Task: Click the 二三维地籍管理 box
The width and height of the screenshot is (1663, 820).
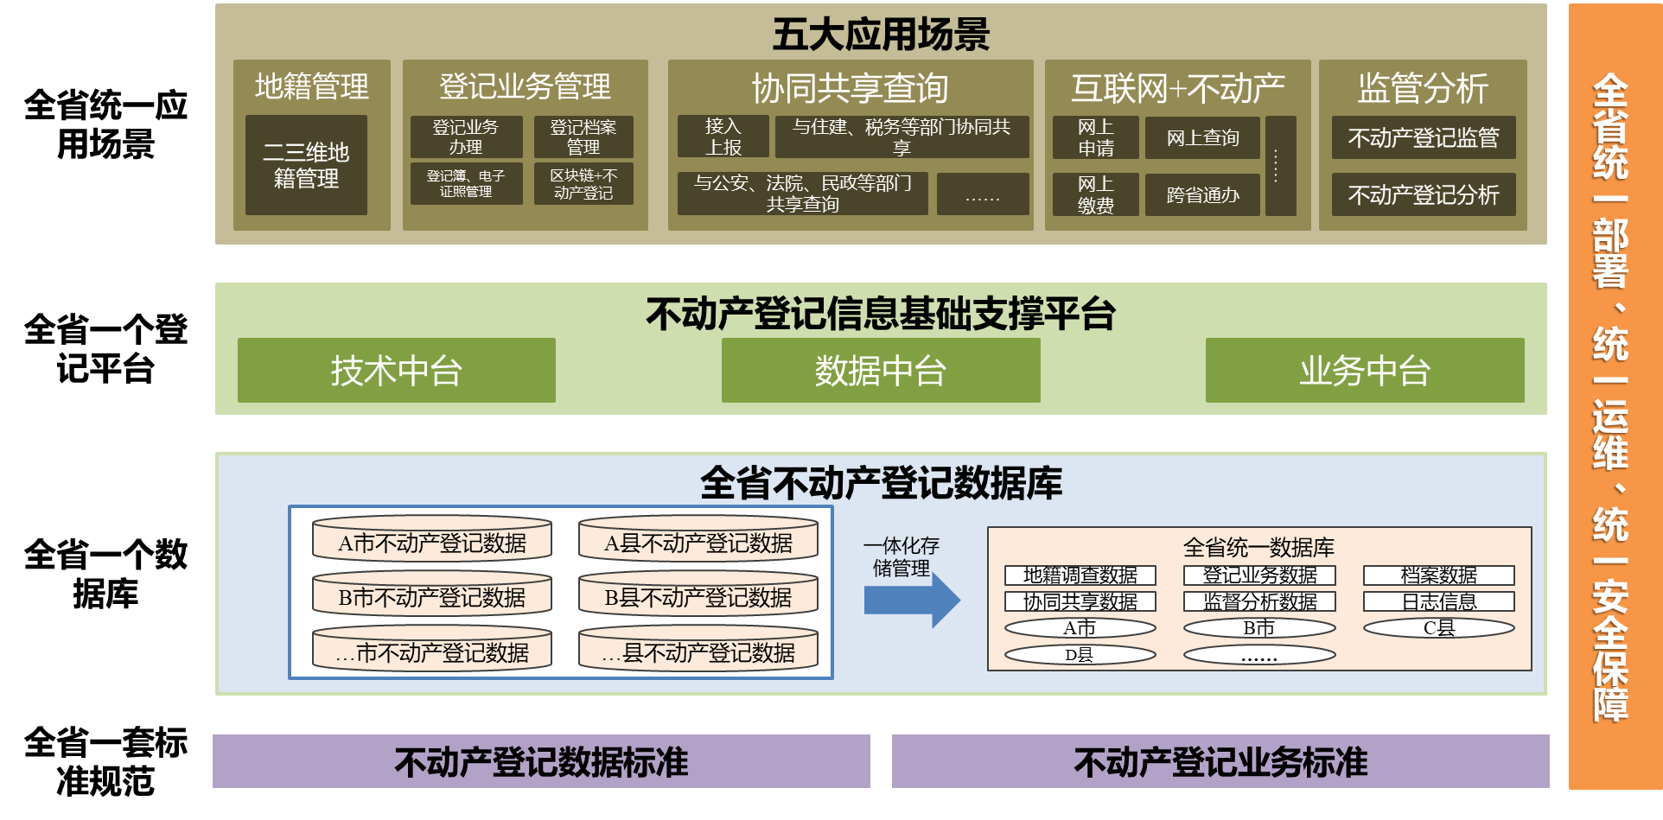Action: [x=306, y=165]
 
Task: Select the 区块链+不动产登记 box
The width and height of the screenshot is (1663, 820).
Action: [x=583, y=184]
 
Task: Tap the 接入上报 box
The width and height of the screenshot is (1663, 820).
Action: [x=723, y=137]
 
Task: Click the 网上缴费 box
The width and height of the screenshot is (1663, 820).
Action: [x=1095, y=194]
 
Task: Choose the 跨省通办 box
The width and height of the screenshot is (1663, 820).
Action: [x=1202, y=194]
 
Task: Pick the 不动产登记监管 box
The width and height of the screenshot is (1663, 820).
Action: [x=1424, y=137]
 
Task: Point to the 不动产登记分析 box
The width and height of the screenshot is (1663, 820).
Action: [x=1424, y=194]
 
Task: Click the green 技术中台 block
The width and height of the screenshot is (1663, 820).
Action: [x=397, y=371]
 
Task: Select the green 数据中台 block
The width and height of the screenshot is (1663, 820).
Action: [x=881, y=371]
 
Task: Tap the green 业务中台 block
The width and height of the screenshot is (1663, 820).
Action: [x=1365, y=371]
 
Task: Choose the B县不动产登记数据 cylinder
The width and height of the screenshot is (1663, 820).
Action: [x=698, y=595]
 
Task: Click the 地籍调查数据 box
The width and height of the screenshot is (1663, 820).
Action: [x=1080, y=575]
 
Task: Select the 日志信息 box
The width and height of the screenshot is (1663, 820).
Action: [x=1439, y=601]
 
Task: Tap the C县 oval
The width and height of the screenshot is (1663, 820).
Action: [x=1439, y=628]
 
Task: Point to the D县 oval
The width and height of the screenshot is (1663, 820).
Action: [x=1080, y=655]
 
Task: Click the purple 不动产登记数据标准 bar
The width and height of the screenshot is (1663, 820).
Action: [x=541, y=761]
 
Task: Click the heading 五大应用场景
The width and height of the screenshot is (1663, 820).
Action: [x=881, y=35]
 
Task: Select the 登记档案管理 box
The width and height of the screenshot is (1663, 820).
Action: [x=583, y=137]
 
